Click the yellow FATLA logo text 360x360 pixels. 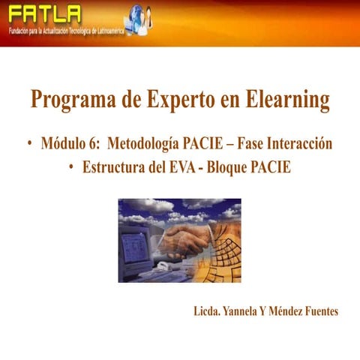point(43,14)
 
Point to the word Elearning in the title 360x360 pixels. point(288,100)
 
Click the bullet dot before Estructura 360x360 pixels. point(70,168)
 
